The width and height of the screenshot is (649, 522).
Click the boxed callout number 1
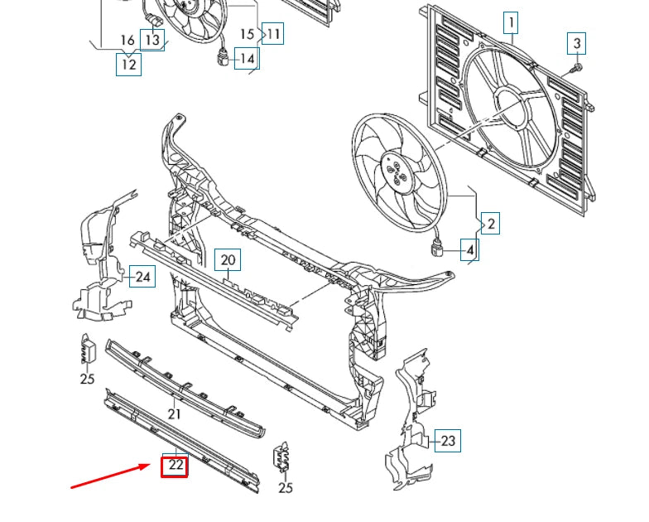[x=512, y=22]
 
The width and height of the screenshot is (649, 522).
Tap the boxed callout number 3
[x=578, y=43]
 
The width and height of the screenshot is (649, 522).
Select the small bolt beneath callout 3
[x=578, y=66]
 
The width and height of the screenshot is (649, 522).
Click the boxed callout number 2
[x=490, y=223]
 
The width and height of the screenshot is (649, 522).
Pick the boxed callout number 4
[x=469, y=249]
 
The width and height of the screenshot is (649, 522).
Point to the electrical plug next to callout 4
[x=439, y=247]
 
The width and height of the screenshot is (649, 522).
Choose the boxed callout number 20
[x=228, y=260]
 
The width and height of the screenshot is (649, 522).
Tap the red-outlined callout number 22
[x=175, y=466]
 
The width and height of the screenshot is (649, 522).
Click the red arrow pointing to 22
[x=112, y=476]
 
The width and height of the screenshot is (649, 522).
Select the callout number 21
[x=175, y=414]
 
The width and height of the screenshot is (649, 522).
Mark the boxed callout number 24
[x=143, y=276]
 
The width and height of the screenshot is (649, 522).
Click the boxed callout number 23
[x=448, y=441]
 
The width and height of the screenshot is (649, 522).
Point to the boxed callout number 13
[x=152, y=39]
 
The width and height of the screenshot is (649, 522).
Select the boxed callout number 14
[x=247, y=57]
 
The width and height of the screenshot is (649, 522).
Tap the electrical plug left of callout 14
[x=221, y=59]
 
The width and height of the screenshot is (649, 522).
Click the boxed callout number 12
[x=128, y=63]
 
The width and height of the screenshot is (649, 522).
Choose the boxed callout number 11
[x=272, y=34]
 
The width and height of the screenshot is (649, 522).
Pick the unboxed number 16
[x=127, y=41]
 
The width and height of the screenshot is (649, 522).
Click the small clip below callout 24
[x=89, y=350]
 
